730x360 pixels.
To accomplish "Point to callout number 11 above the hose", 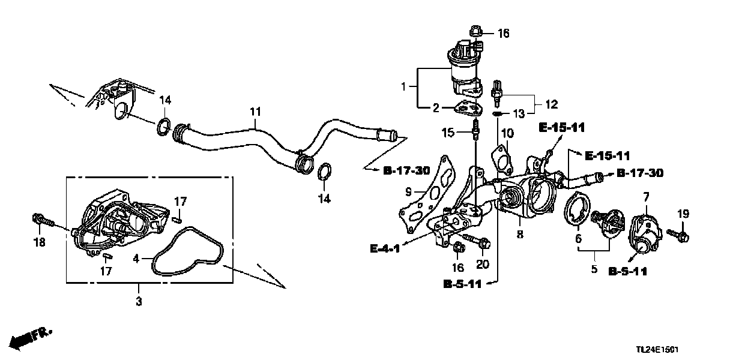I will pyautogui.click(x=256, y=112).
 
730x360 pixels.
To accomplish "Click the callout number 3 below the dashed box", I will pyautogui.click(x=139, y=301).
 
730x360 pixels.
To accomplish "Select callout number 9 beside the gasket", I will pyautogui.click(x=408, y=193).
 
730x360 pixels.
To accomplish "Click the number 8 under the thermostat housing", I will pyautogui.click(x=520, y=235).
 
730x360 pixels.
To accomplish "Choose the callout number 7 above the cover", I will pyautogui.click(x=647, y=197).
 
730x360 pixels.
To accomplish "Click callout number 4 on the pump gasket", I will pyautogui.click(x=136, y=260).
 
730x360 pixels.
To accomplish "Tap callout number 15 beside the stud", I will pyautogui.click(x=447, y=131).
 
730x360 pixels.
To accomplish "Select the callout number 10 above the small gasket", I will pyautogui.click(x=508, y=133).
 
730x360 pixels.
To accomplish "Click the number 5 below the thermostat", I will pyautogui.click(x=594, y=269).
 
